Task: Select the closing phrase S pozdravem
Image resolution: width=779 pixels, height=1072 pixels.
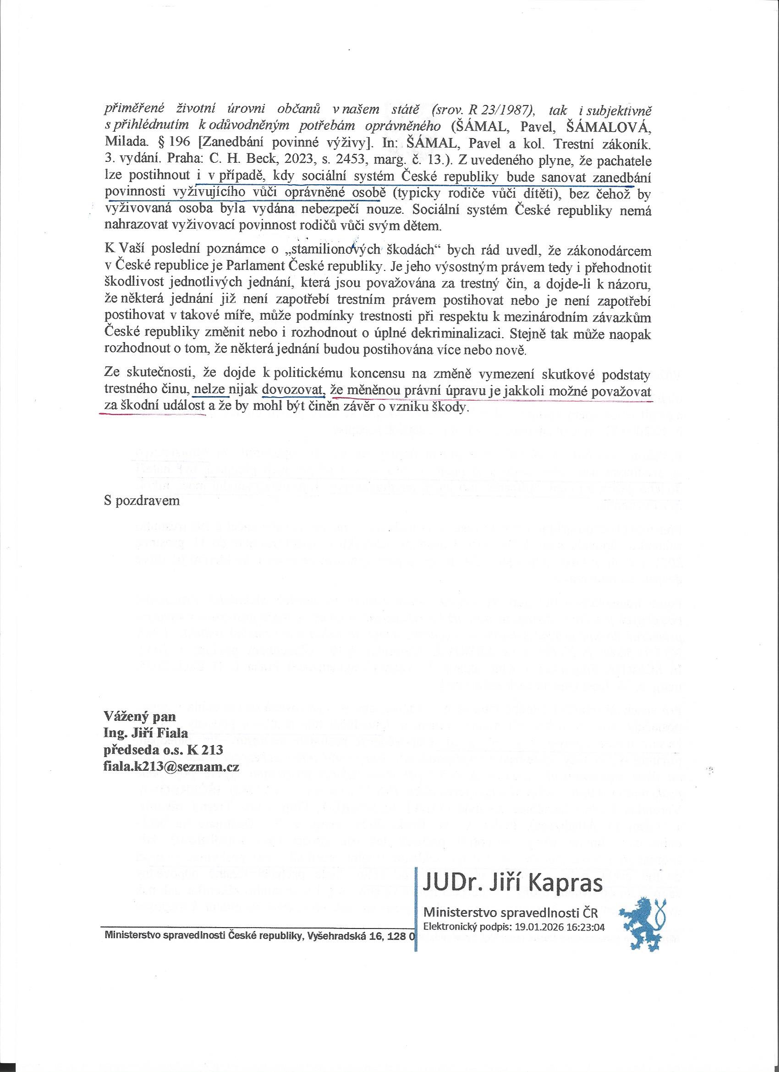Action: [x=142, y=501]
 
